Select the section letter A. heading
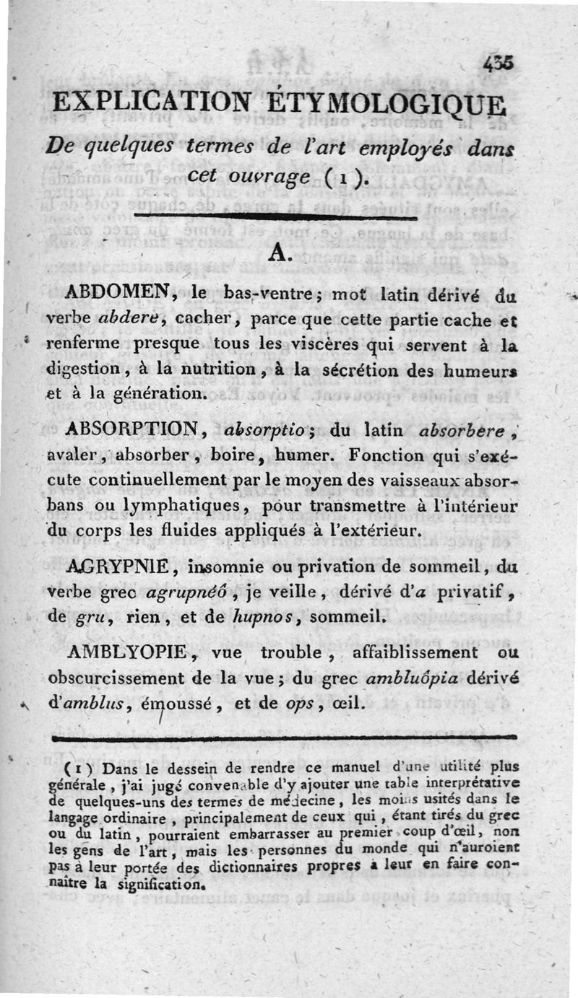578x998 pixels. click(x=280, y=252)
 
